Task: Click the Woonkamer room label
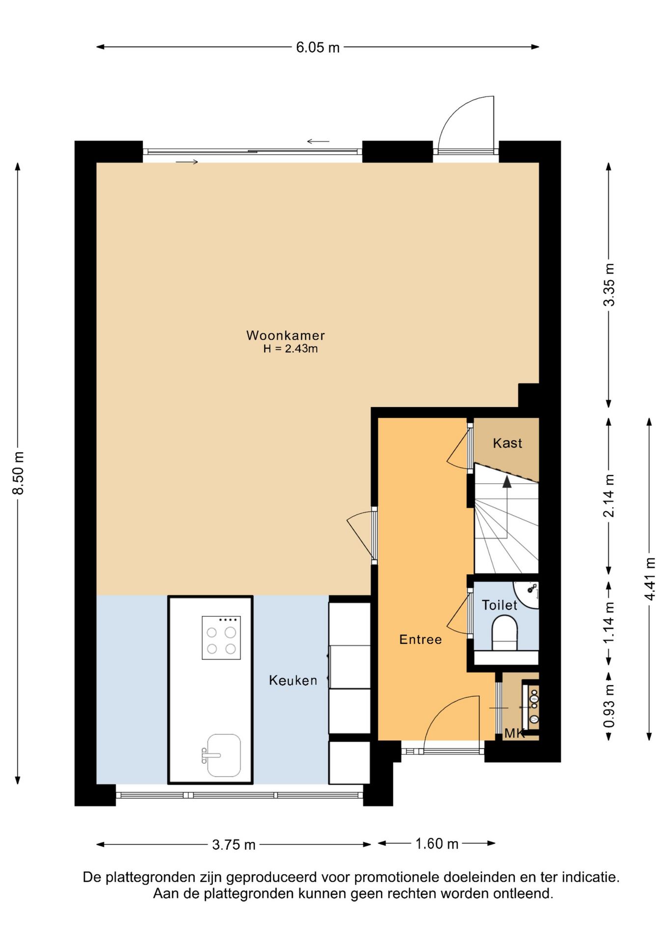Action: point(285,335)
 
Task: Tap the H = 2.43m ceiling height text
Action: point(290,349)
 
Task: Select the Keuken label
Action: point(293,680)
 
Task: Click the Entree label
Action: point(420,639)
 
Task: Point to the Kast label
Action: point(507,443)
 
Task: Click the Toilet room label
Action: point(500,605)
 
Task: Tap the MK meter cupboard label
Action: point(514,734)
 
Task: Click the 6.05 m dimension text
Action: point(318,48)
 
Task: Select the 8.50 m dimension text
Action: point(18,473)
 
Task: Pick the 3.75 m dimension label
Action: point(234,845)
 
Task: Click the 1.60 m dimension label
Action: point(437,844)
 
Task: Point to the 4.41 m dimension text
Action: point(650,579)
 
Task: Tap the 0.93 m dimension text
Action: point(609,706)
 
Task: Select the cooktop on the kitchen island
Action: point(221,638)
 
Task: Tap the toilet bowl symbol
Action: point(505,633)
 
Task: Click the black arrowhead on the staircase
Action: point(507,482)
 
